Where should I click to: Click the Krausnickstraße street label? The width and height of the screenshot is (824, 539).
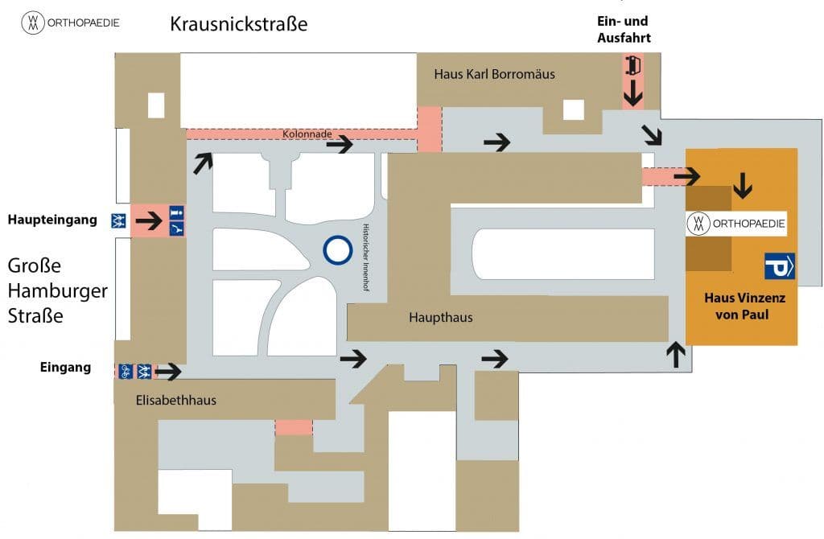238,24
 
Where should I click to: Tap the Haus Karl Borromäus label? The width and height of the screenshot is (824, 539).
494,74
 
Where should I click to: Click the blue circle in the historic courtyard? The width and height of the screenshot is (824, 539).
338,250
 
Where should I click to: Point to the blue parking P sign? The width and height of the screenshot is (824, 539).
779,265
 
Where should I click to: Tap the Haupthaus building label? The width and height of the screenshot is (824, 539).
440,318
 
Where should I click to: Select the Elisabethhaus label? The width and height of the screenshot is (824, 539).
176,400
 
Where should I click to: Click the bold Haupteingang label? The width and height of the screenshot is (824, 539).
53,220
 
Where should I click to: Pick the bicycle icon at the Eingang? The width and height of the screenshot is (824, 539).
126,371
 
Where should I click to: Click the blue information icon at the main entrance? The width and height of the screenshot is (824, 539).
176,213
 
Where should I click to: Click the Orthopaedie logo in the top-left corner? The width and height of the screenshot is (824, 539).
70,23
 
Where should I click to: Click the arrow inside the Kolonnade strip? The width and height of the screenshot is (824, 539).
340,144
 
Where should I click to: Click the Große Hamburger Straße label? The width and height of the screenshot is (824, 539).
57,290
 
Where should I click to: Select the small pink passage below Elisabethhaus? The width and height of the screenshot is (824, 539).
294,427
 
